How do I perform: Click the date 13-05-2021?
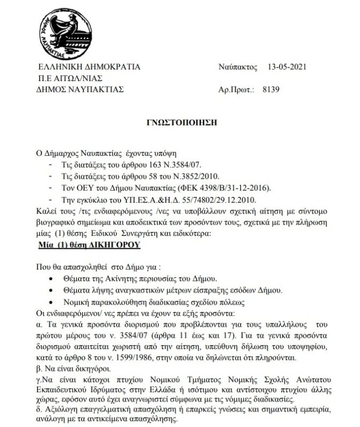pos(287,67)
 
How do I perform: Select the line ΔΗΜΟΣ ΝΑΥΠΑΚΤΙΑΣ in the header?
pos(85,89)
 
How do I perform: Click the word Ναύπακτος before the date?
pos(237,67)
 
